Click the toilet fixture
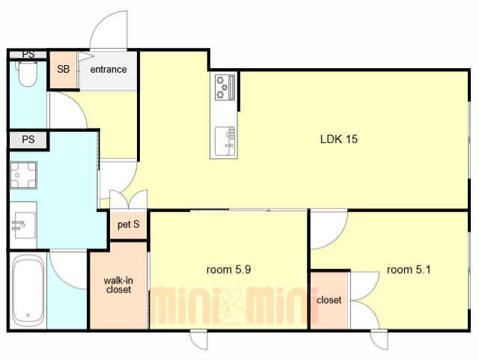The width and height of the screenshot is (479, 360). pos(28,73)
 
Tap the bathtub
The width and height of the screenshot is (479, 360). pos(28,292)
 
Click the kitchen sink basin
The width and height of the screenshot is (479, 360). pos(225,141)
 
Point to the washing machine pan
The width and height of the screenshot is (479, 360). pos(23,175)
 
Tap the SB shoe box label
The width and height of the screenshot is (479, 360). pos(63,69)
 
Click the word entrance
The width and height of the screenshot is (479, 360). pos(109,70)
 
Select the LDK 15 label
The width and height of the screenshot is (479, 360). pos(339,139)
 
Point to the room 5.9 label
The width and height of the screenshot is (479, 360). pos(228,269)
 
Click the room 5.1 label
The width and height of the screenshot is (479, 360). pos(409,269)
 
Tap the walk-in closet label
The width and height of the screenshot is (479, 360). pos(118,285)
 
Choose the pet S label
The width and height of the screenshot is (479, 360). pos(128,225)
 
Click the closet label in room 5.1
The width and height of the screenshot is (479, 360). pos(329,300)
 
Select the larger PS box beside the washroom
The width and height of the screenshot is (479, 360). pos(28,140)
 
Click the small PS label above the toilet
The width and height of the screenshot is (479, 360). pos(28,55)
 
